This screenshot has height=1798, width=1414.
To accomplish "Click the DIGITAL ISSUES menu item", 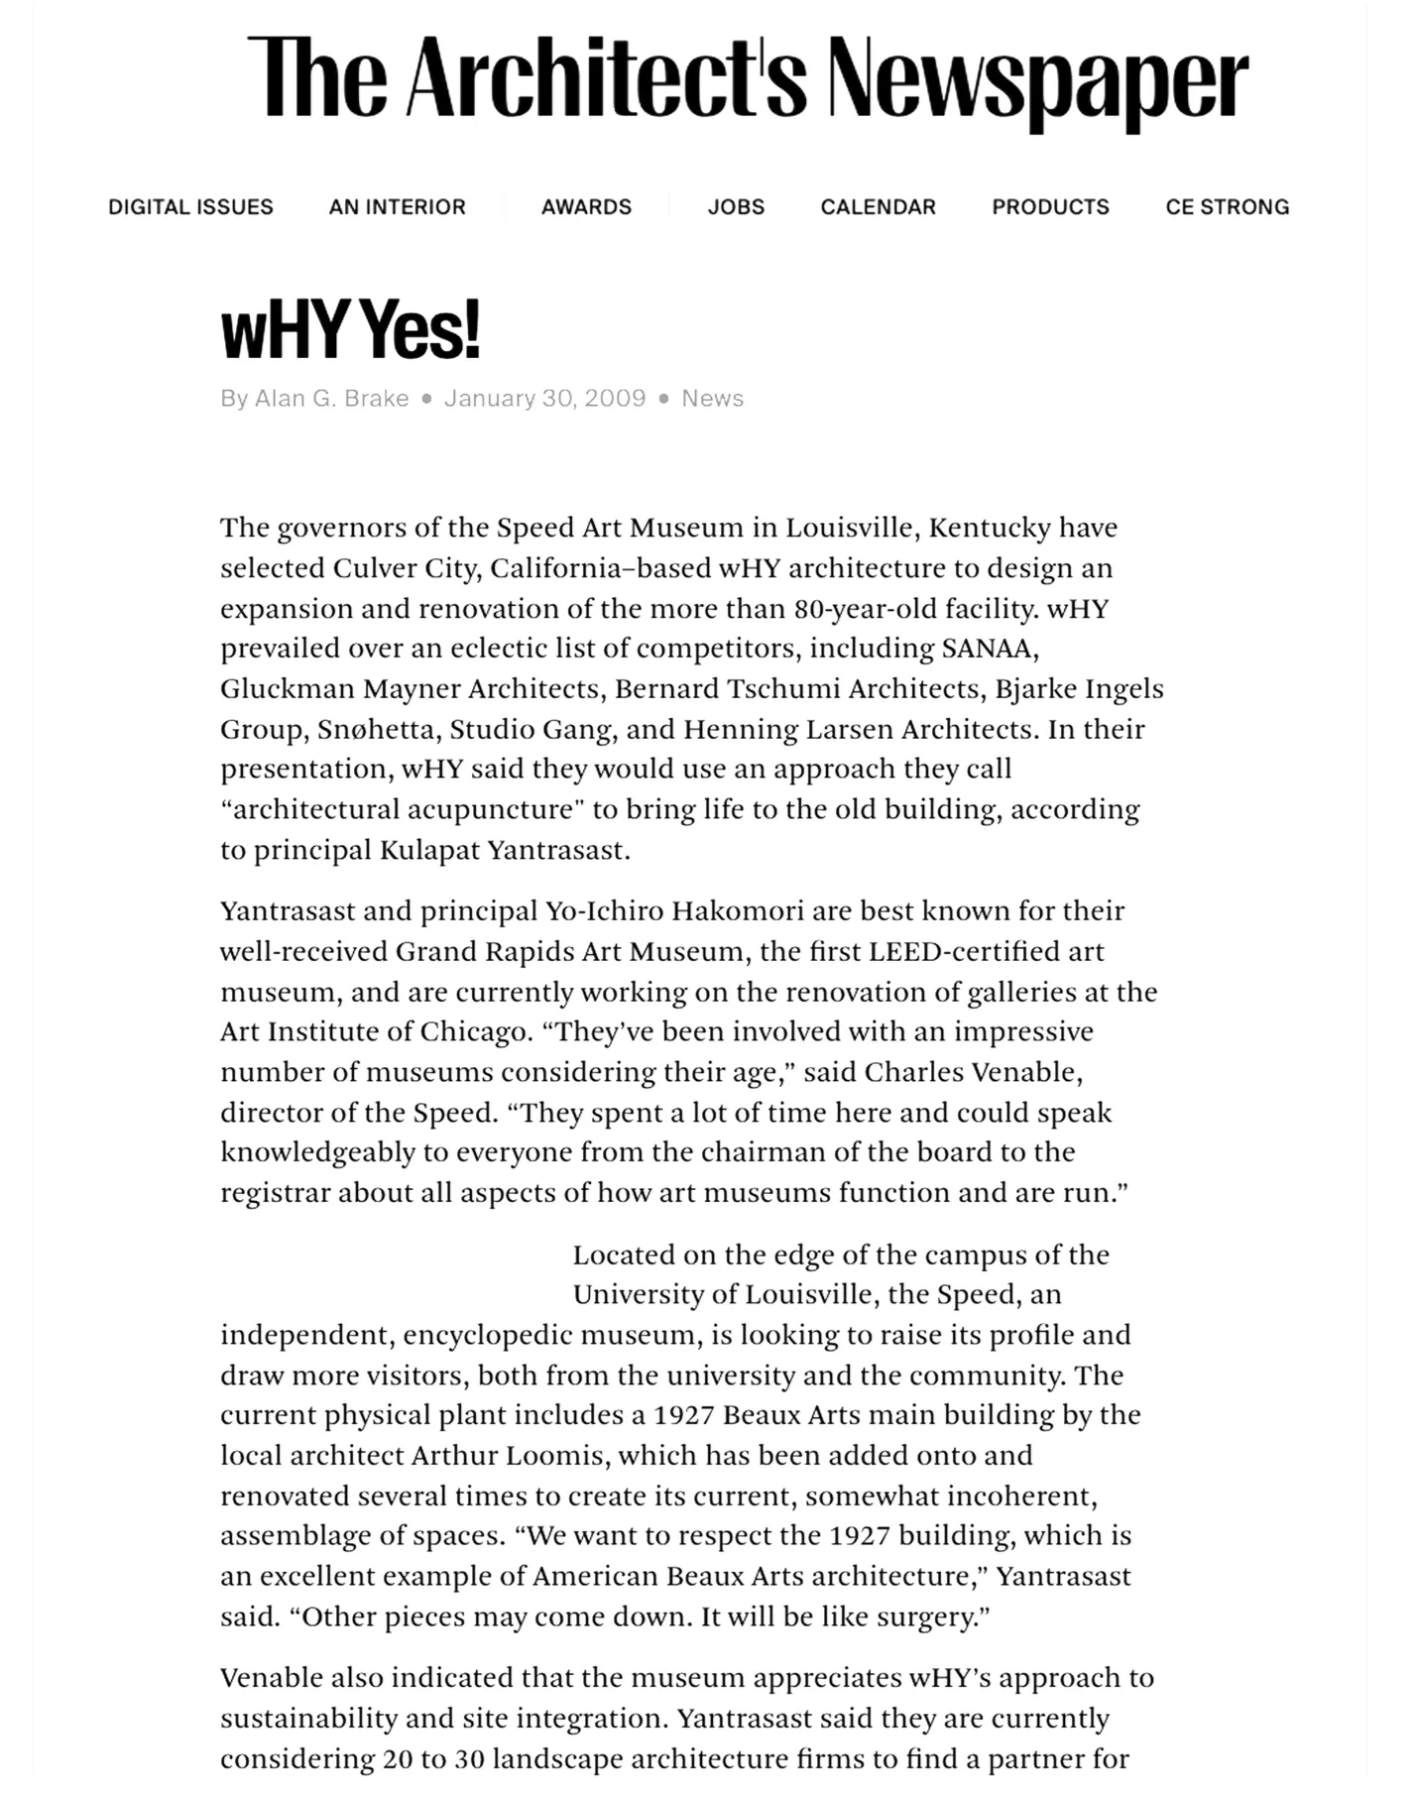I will (x=190, y=207).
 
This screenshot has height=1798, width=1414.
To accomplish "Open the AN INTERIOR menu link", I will (x=397, y=207).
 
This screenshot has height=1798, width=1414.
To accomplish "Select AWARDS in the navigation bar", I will (x=586, y=207).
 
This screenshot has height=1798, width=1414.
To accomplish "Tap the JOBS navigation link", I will (x=736, y=207).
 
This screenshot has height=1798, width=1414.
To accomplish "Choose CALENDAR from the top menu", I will (x=878, y=207).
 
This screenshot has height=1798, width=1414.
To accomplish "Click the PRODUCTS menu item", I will (x=1050, y=207).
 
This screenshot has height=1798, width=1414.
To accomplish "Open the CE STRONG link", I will (x=1227, y=207).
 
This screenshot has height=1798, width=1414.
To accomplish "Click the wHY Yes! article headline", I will (x=350, y=330).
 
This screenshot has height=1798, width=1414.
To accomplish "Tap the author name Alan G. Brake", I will (x=331, y=399).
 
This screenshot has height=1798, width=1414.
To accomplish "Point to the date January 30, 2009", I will (x=544, y=399).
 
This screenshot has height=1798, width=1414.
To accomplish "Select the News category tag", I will (x=712, y=399).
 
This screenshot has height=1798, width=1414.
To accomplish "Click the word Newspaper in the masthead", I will (x=1037, y=79).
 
